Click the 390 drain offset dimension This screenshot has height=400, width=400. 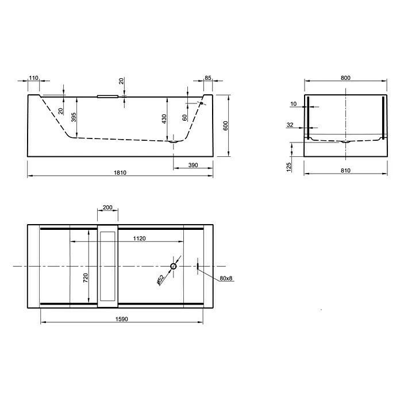[193, 165]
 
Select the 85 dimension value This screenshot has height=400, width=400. [208, 77]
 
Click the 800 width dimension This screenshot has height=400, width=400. [345, 77]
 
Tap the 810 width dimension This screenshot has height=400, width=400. [345, 171]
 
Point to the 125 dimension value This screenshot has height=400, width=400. [290, 166]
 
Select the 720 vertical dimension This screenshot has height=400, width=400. [85, 278]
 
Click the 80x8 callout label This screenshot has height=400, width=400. [226, 279]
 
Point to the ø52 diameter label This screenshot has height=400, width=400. [160, 279]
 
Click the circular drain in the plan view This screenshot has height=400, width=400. [174, 267]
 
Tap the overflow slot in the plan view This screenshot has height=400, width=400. [198, 266]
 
